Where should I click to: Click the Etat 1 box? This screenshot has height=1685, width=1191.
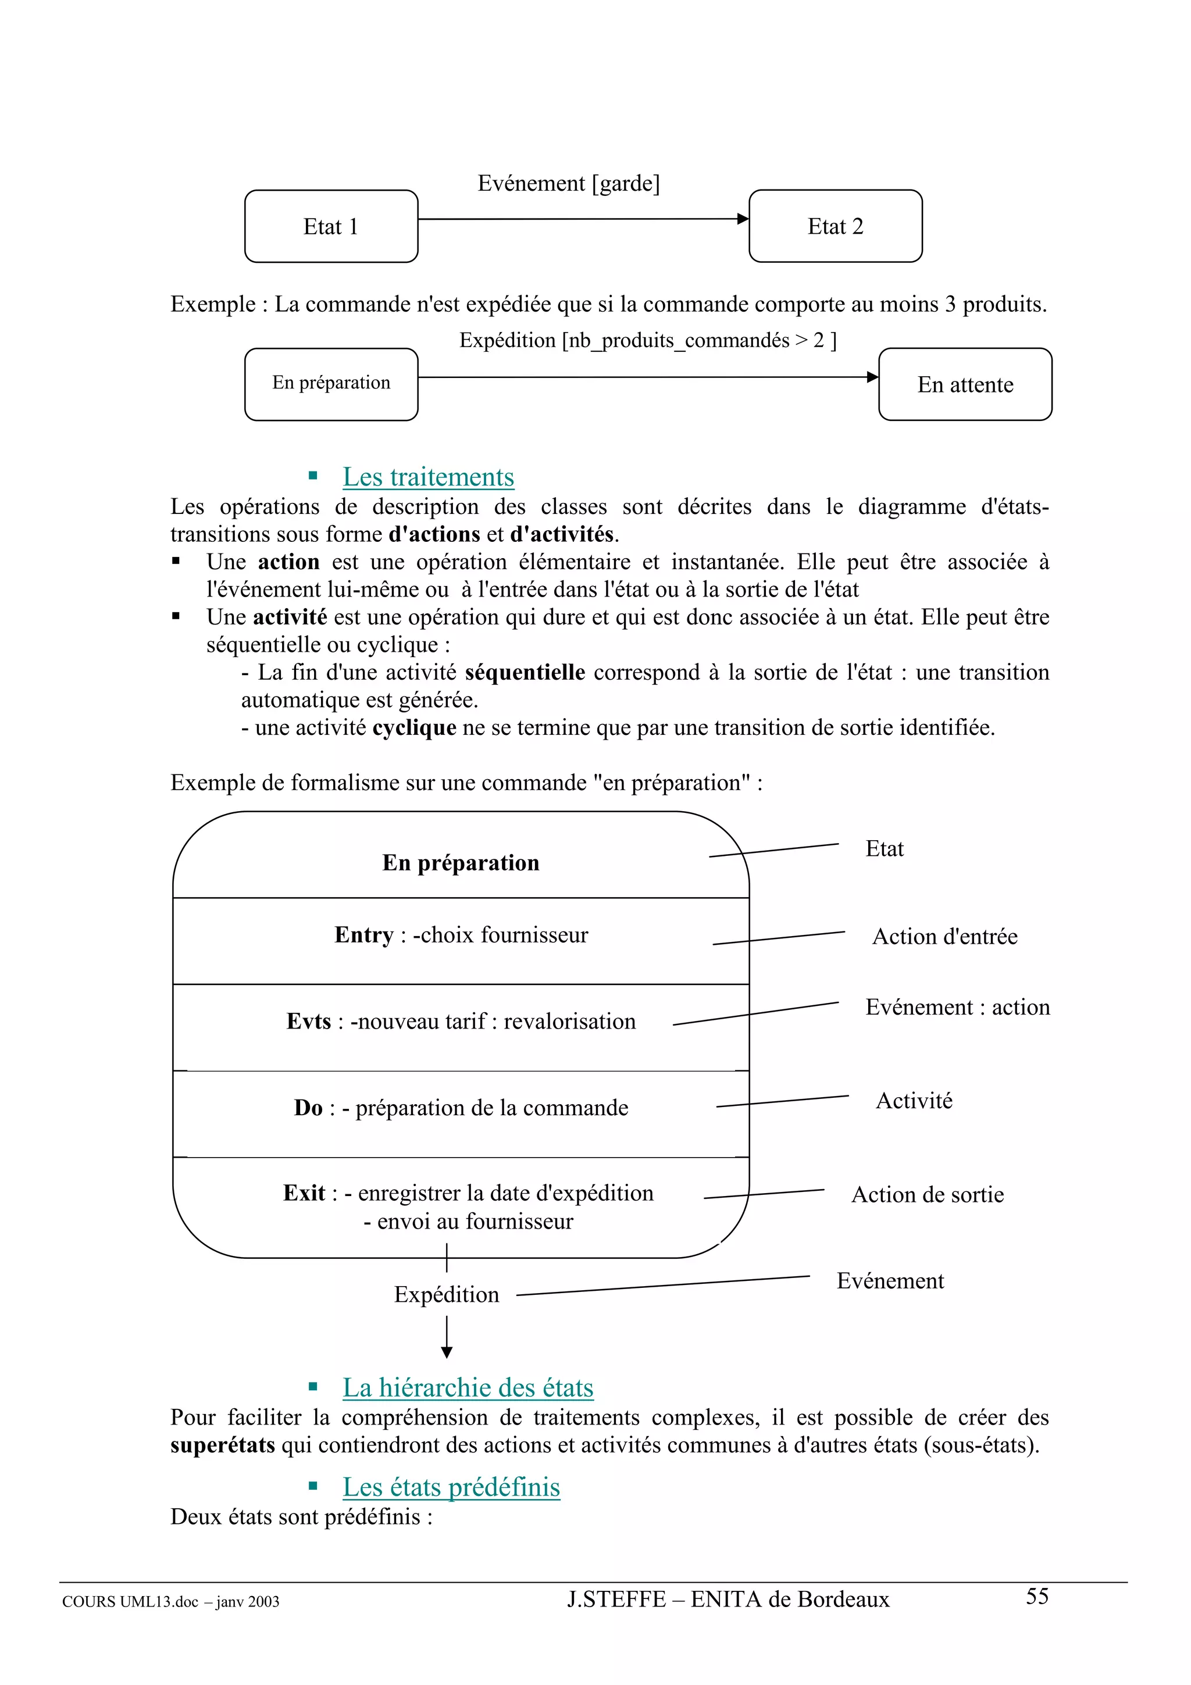[x=331, y=226]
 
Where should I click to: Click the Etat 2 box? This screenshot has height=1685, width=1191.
[x=835, y=226]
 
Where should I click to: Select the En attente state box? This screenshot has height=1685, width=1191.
[x=965, y=384]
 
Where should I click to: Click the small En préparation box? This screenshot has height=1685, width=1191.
[x=331, y=383]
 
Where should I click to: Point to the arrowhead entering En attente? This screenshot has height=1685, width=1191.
[x=872, y=377]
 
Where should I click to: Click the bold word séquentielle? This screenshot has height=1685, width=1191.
[x=525, y=672]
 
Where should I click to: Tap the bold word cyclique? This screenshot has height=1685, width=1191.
[x=414, y=728]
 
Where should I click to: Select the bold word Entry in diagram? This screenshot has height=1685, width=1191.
[x=364, y=935]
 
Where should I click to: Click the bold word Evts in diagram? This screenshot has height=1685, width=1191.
[x=309, y=1022]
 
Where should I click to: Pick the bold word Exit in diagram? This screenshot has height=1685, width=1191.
[x=304, y=1193]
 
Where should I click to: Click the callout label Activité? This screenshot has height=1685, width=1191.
[x=914, y=1101]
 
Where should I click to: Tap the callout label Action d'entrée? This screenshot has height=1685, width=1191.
[x=944, y=937]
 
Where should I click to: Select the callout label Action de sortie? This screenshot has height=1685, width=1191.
[x=928, y=1195]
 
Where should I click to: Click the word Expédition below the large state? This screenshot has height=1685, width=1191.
[x=446, y=1295]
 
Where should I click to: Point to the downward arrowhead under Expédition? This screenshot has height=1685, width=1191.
[x=447, y=1352]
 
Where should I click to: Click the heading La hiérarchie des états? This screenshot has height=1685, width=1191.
[x=468, y=1388]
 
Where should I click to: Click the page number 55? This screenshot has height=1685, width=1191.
[x=1037, y=1596]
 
